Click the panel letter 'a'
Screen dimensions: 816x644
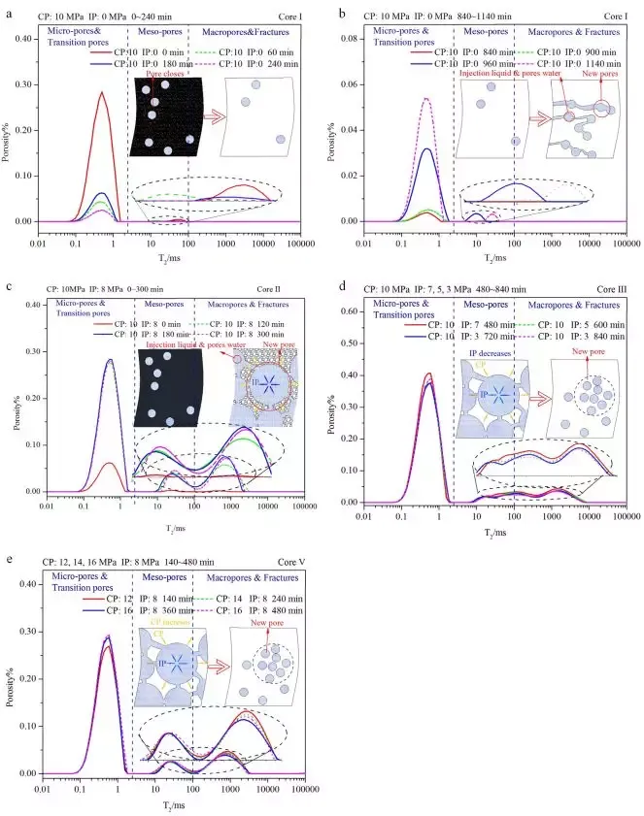9,12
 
